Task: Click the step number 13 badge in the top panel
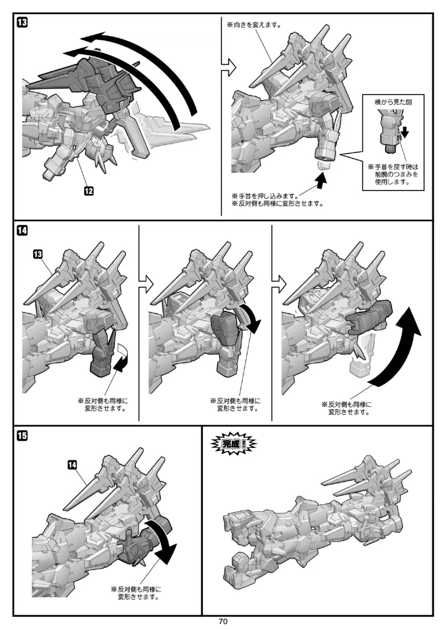[x=22, y=22]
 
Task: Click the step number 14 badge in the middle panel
[x=22, y=230]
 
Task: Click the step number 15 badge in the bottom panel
[x=22, y=435]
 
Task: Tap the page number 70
[x=223, y=622]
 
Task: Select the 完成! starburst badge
[x=234, y=444]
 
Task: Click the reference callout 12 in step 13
[x=89, y=191]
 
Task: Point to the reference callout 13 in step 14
[x=38, y=254]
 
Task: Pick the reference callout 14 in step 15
[x=72, y=464]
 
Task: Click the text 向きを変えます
[x=254, y=25]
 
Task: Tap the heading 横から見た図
[x=393, y=102]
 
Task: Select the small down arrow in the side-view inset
[x=404, y=132]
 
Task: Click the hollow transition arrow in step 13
[x=228, y=67]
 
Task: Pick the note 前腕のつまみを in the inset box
[x=396, y=174]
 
